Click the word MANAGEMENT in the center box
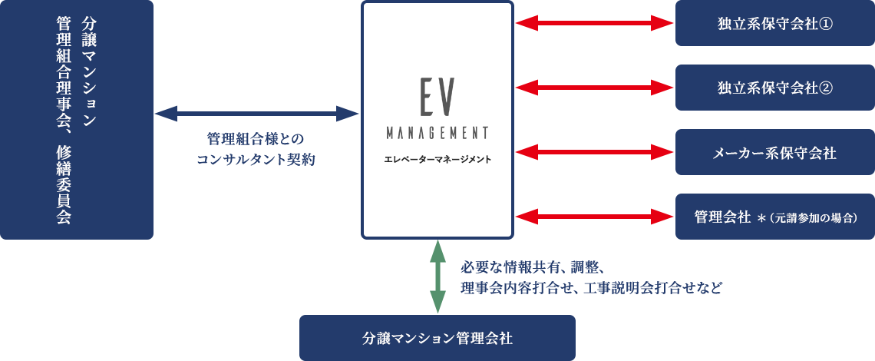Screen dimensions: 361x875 point(438,132)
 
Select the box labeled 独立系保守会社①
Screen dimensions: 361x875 point(774,24)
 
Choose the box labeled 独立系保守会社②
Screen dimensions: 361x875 point(774,88)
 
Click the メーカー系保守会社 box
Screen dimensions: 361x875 point(774,152)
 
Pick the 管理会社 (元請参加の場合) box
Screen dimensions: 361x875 point(774,217)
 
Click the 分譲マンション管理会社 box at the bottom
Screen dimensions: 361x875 point(438,337)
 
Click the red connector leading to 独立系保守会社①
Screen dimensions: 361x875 point(593,23)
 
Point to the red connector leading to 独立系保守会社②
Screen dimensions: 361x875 point(593,88)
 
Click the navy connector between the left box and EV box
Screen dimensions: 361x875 point(257,114)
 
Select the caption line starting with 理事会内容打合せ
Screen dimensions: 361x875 point(591,289)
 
